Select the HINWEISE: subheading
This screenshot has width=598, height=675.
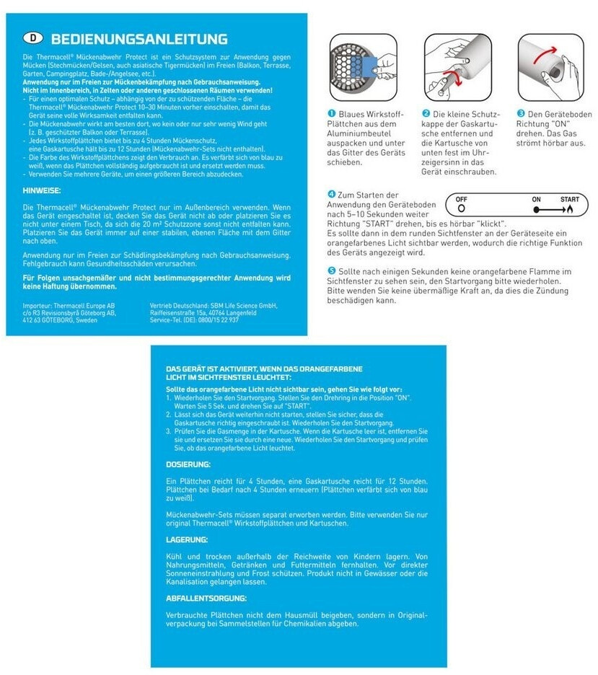coord(42,190)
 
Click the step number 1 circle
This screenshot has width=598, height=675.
coord(332,114)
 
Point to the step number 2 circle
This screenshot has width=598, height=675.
coord(426,114)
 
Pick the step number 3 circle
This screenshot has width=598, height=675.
coord(521,114)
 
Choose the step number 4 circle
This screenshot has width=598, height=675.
coord(332,195)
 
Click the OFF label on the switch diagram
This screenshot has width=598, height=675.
coord(462,198)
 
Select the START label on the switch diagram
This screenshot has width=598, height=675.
coord(568,198)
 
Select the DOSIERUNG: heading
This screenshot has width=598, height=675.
coord(188,464)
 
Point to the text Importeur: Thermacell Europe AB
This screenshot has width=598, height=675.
coord(69,306)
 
